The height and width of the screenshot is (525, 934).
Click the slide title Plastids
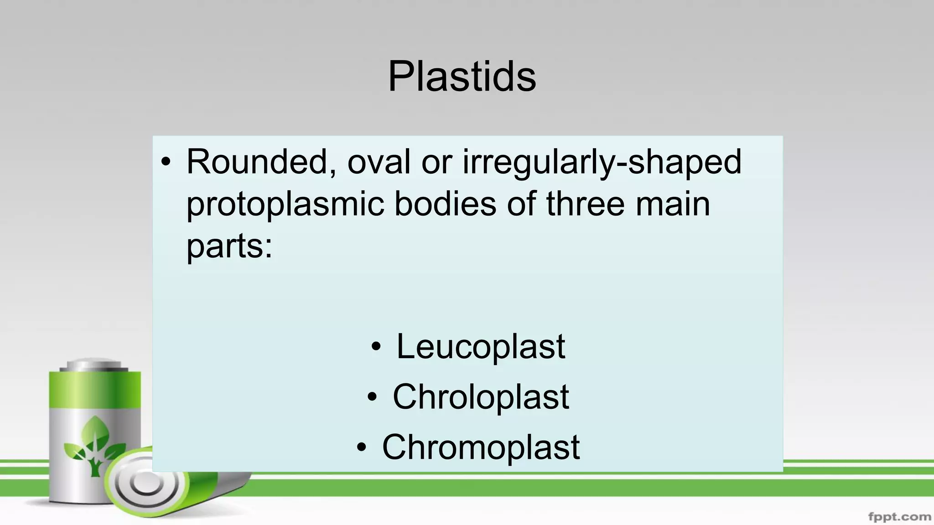tap(462, 76)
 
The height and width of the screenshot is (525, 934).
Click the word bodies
tap(445, 204)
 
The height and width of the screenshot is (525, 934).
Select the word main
tap(673, 204)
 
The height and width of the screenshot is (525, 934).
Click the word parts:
tap(229, 247)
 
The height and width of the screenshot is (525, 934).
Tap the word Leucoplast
tap(481, 347)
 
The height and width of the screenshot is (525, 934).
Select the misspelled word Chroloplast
tap(481, 397)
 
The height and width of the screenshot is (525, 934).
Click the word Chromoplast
tap(481, 447)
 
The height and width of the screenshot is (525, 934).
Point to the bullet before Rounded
tap(166, 162)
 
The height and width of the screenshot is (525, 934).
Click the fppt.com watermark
tap(899, 517)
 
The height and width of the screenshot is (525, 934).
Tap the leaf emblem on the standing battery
tap(94, 444)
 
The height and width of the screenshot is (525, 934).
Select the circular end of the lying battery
tap(145, 483)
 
